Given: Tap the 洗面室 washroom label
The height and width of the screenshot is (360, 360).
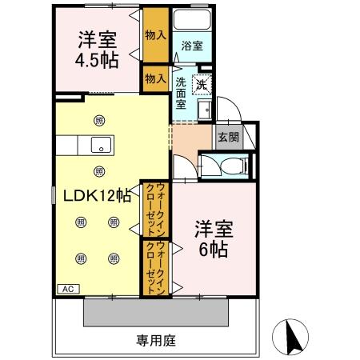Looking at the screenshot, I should coord(182,92).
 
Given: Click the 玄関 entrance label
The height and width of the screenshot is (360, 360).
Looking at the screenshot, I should coord(227,137).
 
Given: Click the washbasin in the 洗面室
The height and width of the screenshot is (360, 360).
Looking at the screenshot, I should coord(204,110).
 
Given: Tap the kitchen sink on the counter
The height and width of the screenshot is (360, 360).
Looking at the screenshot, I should coord(101,145).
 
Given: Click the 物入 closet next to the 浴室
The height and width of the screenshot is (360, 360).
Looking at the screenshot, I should coord(155,37).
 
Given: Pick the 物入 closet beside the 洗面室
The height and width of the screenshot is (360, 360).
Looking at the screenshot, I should coord(155,78).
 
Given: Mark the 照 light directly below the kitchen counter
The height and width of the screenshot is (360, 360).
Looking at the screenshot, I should coord(98,170).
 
